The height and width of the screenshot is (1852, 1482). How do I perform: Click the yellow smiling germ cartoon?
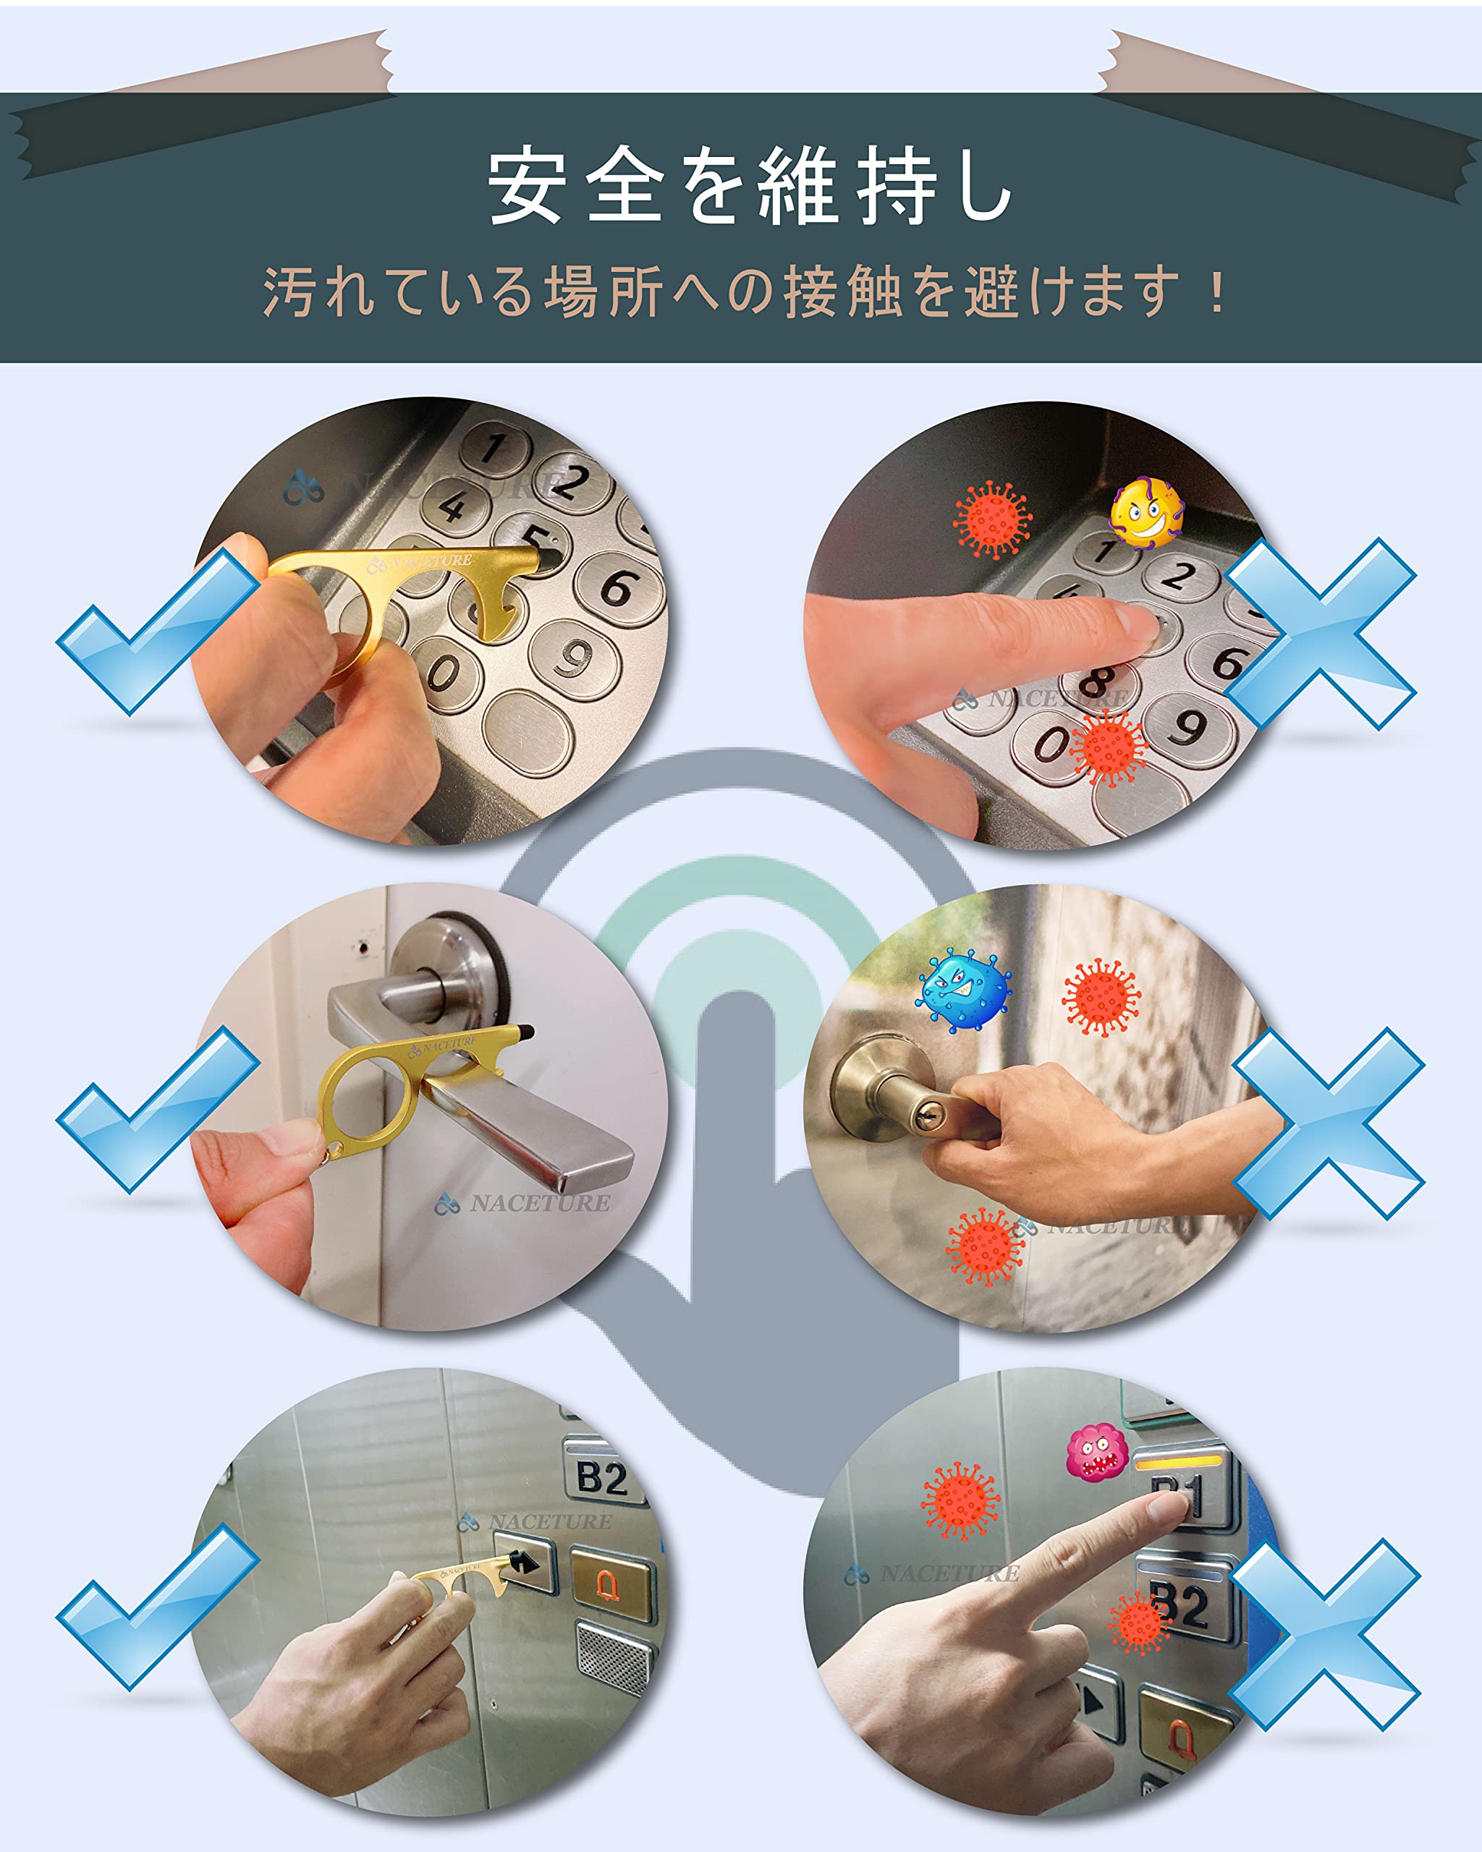click(x=1146, y=512)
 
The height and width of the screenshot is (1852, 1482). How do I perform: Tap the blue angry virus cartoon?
click(x=964, y=990)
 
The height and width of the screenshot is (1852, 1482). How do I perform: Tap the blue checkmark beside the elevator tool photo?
click(x=155, y=1606)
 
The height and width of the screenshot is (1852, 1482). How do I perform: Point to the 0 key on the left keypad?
click(x=444, y=673)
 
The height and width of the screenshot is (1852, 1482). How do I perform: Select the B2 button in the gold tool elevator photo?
click(x=602, y=1477)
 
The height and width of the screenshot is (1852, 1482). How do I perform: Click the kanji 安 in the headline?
click(x=527, y=184)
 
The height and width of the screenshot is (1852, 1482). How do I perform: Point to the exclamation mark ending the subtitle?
click(x=1216, y=292)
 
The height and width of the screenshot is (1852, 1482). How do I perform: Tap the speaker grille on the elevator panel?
click(x=614, y=1658)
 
